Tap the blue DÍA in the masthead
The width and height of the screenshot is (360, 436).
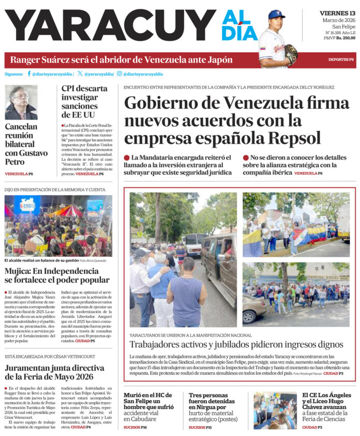point(239,34)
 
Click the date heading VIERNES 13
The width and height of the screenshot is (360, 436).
point(337,12)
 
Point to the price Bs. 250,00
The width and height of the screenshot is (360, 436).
point(346,38)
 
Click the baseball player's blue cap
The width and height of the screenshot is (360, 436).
point(276,14)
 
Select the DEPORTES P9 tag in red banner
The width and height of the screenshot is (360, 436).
point(341,60)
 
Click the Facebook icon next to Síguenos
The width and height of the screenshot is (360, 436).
point(29,74)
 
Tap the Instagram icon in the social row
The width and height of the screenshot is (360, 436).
point(119,74)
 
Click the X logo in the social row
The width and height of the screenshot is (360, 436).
point(80,74)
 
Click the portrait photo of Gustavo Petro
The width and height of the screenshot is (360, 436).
point(21,102)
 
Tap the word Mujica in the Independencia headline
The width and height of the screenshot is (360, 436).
point(19,271)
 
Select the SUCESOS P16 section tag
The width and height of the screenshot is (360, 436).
point(136,427)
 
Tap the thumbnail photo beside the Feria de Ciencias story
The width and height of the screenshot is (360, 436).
point(275,410)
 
